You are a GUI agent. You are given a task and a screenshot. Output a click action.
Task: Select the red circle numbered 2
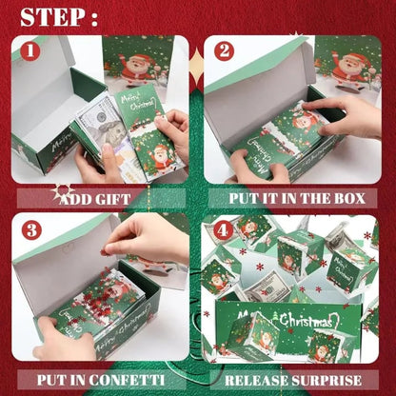click(x=224, y=51)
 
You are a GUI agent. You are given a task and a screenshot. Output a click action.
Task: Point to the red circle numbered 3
click(x=30, y=229)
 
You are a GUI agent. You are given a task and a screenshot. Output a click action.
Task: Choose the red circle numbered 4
click(x=224, y=229)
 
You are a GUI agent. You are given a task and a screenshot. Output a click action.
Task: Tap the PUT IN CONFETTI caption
click(x=99, y=378)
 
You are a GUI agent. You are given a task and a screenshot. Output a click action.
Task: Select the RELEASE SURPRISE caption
click(x=293, y=378)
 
